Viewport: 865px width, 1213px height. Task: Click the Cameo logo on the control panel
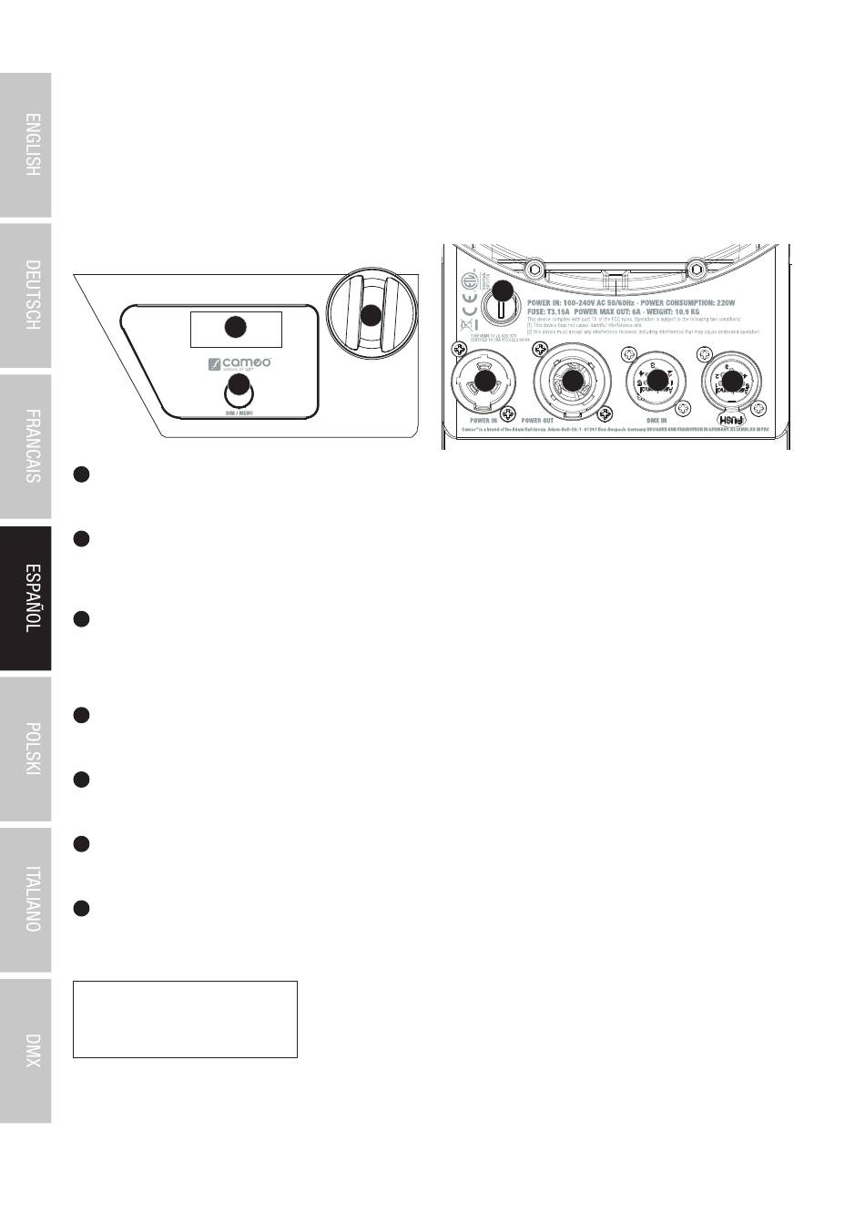coord(239,365)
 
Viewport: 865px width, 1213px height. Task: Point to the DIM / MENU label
coord(239,413)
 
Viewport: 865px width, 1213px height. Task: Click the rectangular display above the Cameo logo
coord(235,328)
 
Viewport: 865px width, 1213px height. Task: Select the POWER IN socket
coord(484,382)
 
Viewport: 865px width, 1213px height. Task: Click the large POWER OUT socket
coord(572,382)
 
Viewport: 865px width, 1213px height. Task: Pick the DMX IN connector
coord(656,382)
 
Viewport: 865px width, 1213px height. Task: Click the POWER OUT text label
coord(537,421)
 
